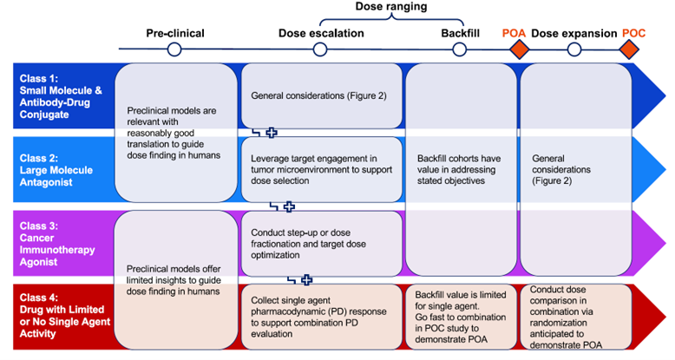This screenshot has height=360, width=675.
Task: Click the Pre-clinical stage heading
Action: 174,34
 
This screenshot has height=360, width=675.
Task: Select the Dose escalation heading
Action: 320,34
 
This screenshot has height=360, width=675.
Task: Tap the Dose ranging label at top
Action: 390,7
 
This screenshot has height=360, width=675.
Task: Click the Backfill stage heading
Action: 461,34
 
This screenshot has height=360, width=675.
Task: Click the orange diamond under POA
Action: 518,50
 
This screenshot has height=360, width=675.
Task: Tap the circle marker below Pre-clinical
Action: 174,50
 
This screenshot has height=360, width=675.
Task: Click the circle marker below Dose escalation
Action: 320,50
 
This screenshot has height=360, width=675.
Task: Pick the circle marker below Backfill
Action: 461,50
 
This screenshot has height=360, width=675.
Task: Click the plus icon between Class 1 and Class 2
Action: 271,132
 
